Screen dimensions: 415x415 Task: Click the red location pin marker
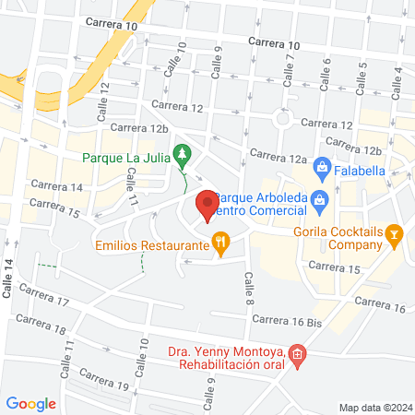(207, 205)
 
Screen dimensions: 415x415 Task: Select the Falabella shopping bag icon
(322, 167)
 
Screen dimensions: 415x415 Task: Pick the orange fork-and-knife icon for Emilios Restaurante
(220, 244)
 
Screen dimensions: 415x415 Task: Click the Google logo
(31, 403)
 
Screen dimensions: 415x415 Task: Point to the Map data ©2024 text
(374, 407)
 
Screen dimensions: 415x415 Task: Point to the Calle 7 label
(290, 69)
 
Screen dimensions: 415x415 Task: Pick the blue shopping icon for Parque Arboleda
(319, 199)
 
